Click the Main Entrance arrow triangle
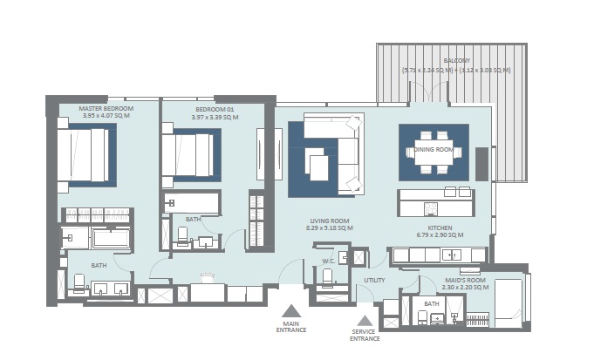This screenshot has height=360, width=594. [x=291, y=309]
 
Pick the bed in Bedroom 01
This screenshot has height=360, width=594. [x=188, y=154]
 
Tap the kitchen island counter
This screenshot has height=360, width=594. [x=436, y=202]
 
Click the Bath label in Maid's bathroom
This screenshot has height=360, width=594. [x=431, y=303]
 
